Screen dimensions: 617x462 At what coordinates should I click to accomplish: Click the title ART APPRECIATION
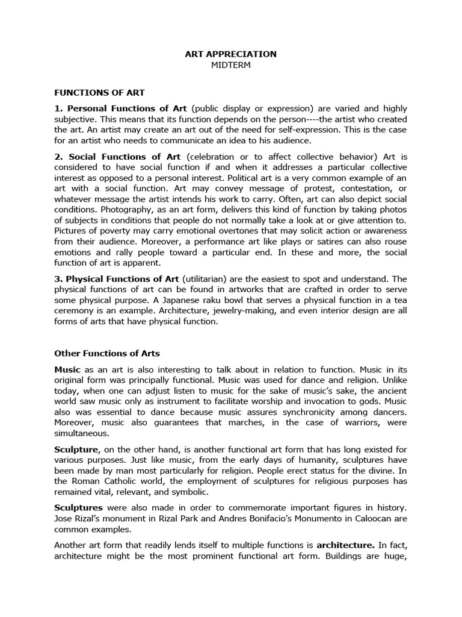[x=230, y=54]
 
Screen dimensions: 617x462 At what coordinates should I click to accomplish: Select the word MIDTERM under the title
[x=230, y=65]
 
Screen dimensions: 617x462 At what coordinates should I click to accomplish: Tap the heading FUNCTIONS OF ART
[x=99, y=93]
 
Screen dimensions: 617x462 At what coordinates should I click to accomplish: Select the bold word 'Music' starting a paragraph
[x=67, y=368]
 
